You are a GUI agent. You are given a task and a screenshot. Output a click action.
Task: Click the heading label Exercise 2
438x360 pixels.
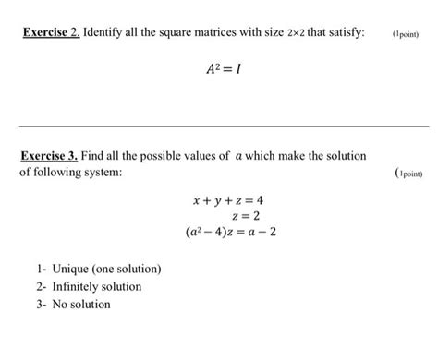pos(49,33)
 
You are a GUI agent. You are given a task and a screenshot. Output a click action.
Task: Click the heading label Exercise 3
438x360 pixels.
pos(49,156)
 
